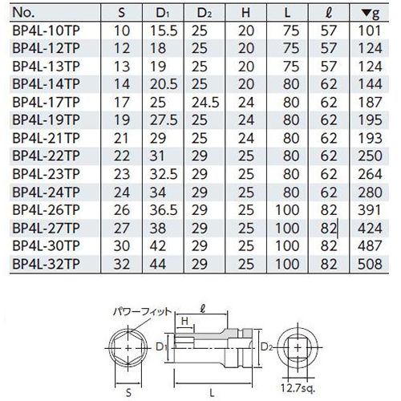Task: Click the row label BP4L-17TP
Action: (x=46, y=103)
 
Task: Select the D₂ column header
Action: (x=205, y=13)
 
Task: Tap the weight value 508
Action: (x=370, y=264)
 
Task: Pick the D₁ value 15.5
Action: (x=164, y=30)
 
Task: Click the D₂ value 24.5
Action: (x=205, y=103)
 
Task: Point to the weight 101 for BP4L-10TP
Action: (x=369, y=30)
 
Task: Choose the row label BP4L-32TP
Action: (x=46, y=264)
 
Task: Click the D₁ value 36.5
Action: (x=164, y=210)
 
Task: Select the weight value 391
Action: (x=369, y=210)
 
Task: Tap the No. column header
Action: (x=23, y=13)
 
